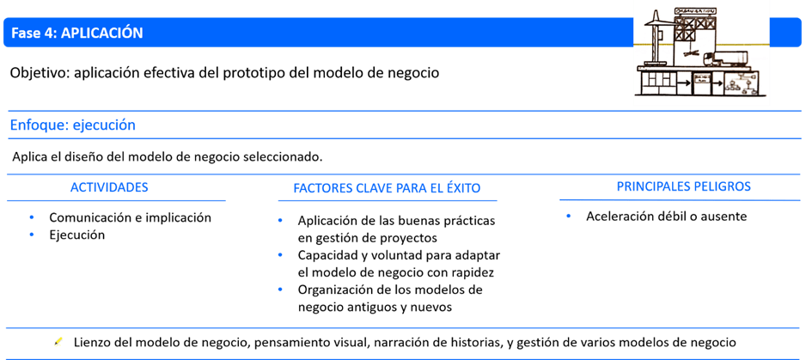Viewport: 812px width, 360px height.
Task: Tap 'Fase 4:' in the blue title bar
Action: tap(34, 33)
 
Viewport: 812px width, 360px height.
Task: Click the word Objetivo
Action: tap(39, 73)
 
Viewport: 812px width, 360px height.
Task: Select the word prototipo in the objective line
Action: tap(242, 73)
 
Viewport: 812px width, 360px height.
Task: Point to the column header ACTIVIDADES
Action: tap(109, 186)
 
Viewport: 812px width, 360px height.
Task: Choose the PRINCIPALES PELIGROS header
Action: tap(684, 186)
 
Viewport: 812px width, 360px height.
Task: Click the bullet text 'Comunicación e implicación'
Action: tap(130, 217)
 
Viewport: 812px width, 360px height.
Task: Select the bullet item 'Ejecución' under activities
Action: tap(76, 235)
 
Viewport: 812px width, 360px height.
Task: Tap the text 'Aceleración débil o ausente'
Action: tap(666, 217)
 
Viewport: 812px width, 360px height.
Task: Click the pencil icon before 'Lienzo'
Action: tap(58, 342)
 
